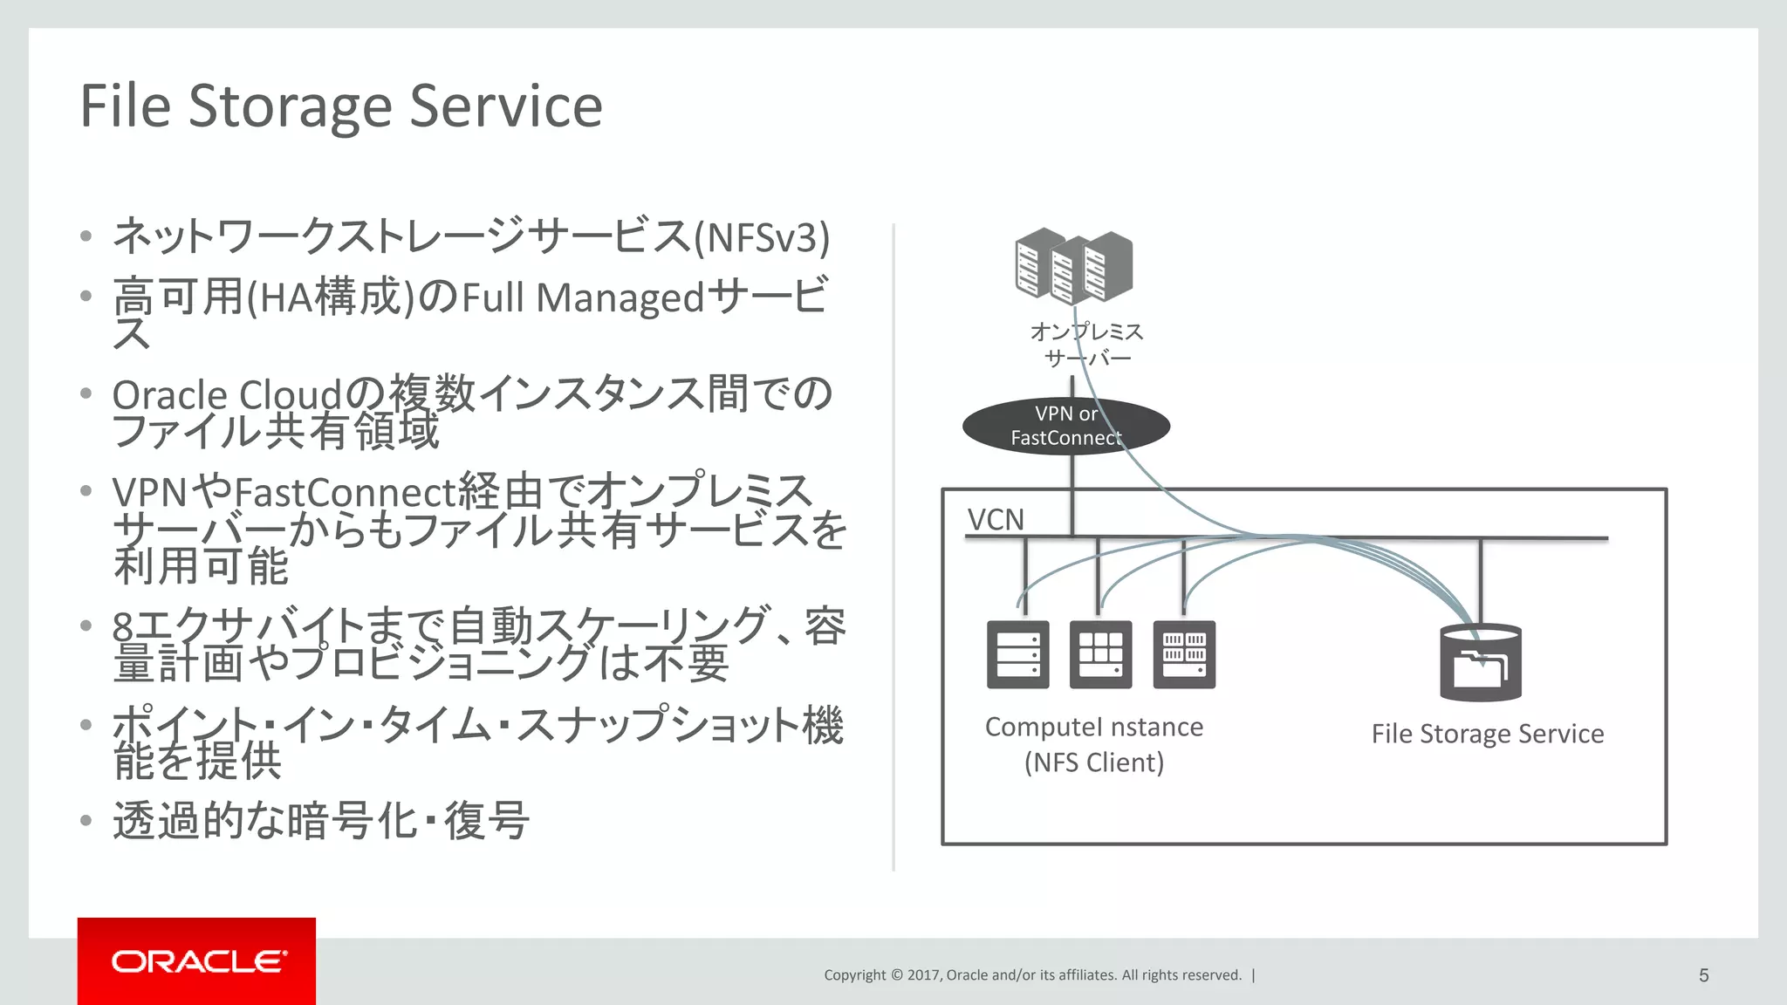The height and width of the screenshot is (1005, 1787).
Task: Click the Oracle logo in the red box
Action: [x=198, y=961]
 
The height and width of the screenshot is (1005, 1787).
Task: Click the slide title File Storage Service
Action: [x=341, y=106]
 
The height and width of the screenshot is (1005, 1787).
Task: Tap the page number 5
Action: [x=1703, y=975]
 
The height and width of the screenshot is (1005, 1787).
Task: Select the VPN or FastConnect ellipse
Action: [x=1065, y=426]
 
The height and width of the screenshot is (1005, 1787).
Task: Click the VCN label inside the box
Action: [x=996, y=520]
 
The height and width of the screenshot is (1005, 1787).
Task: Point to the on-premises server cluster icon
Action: [x=1073, y=264]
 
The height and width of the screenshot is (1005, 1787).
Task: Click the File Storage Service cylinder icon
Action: [x=1480, y=662]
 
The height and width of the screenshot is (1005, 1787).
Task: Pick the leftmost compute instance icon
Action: [x=1017, y=654]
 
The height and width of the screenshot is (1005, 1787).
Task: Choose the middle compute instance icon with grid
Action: [x=1100, y=654]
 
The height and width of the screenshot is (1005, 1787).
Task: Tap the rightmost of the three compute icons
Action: [x=1184, y=654]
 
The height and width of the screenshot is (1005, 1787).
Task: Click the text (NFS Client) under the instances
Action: [x=1094, y=762]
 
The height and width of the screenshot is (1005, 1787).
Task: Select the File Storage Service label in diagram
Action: [x=1487, y=734]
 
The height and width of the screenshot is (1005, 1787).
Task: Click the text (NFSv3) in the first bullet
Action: [x=762, y=238]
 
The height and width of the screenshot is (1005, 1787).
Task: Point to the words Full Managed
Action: [x=582, y=297]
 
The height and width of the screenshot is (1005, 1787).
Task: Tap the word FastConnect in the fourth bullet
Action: [x=346, y=493]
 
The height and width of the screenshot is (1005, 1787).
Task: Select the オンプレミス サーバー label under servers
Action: [x=1086, y=345]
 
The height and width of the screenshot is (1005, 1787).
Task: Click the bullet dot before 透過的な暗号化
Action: [x=86, y=821]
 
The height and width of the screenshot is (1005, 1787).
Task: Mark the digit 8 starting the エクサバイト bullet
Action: [x=123, y=626]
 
